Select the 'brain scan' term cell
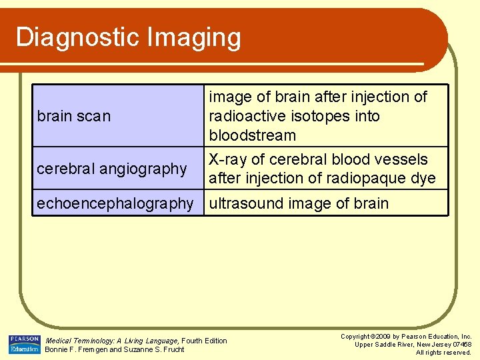click(74, 116)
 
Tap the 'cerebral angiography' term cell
click(112, 169)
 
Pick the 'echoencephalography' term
click(115, 203)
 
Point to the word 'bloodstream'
click(253, 135)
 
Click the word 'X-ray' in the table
click(227, 159)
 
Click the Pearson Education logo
click(24, 344)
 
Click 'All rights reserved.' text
click(443, 352)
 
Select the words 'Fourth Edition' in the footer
click(205, 341)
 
